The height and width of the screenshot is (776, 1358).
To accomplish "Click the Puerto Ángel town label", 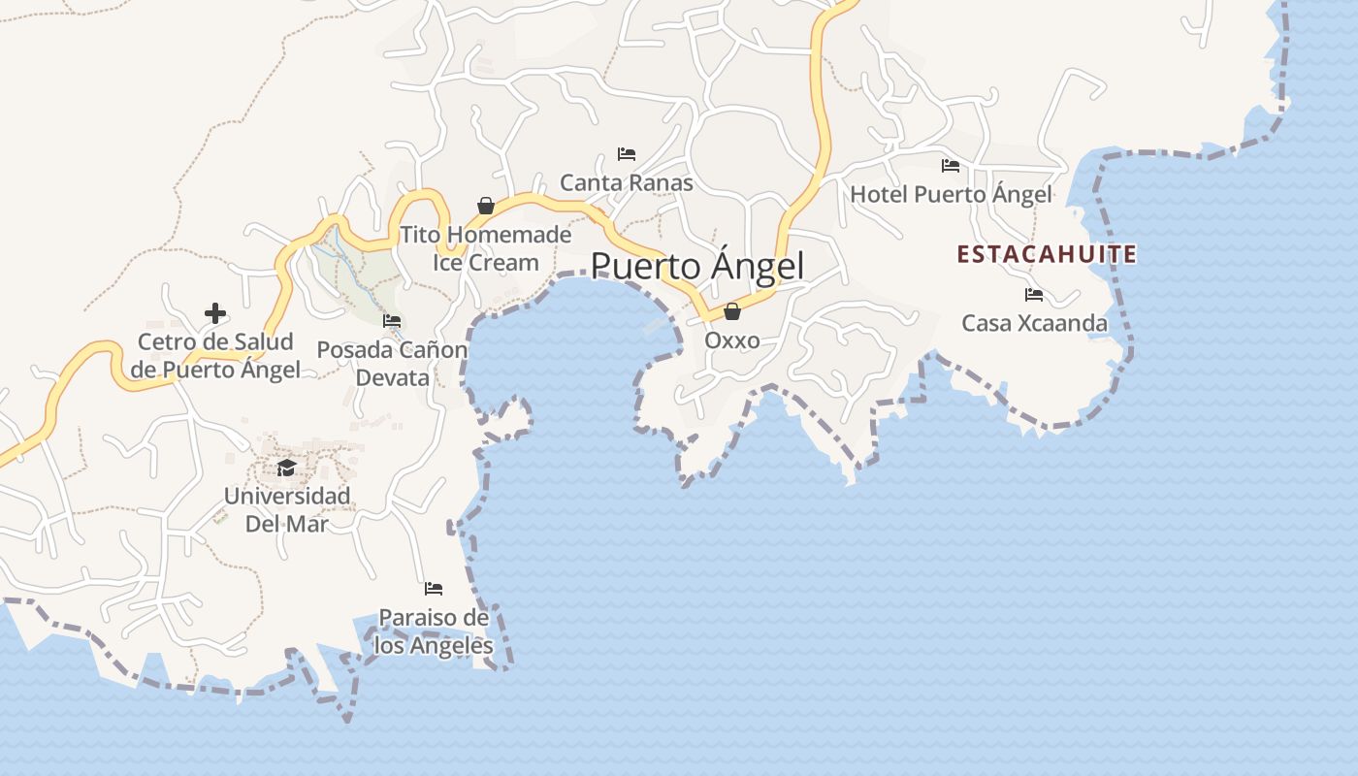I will coord(697,266).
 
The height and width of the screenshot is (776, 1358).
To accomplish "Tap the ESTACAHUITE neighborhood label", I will coord(1047,254).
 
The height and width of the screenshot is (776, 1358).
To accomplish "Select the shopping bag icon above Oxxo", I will coord(732,311).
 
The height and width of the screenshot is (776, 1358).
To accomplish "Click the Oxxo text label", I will coord(732,340).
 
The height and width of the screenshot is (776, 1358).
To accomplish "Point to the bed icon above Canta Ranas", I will coord(627,154).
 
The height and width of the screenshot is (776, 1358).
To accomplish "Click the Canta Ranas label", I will coord(627,182).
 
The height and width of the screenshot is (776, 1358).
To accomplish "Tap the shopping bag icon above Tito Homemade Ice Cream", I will coord(486,206).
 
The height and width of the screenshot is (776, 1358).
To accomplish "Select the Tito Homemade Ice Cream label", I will coord(486,248).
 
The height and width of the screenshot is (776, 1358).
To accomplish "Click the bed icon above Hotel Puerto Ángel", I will coord(951,166).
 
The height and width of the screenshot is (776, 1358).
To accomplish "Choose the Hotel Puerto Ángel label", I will coord(951,194).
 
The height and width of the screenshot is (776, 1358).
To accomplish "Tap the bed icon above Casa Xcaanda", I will coord(1034,295).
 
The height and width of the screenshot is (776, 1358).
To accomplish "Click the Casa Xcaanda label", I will coord(1034,323).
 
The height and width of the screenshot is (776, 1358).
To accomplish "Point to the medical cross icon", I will coord(215,313).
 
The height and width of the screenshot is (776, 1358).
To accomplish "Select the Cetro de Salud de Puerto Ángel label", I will coord(215,355).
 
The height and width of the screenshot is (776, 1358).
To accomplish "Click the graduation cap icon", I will coord(286,469).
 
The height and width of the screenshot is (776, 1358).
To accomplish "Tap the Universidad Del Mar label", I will coord(286,509).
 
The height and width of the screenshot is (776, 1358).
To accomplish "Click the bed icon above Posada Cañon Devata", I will coord(392,321).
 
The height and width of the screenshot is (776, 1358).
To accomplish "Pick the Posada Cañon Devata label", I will coord(392,363).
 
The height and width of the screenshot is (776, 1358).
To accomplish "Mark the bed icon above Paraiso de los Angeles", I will coord(434,589).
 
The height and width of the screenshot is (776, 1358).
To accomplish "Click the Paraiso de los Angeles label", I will coord(434,631).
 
